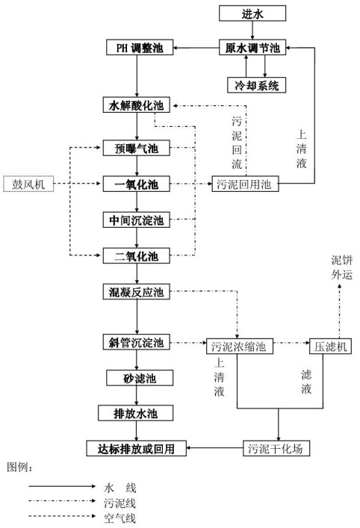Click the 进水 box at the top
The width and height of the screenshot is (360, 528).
(252, 13)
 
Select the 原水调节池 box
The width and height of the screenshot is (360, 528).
(252, 48)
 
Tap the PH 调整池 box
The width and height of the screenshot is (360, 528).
(140, 47)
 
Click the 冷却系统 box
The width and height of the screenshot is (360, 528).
(257, 85)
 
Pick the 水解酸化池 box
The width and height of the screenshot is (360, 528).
(137, 105)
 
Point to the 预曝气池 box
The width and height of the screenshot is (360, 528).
(137, 148)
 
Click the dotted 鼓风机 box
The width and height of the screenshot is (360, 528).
(28, 184)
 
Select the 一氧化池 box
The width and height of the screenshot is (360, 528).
(137, 184)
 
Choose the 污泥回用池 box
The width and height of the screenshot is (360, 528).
(245, 184)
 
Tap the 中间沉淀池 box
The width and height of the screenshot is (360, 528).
(137, 220)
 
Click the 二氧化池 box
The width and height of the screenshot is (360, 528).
(137, 256)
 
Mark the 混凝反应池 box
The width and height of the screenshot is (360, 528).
(137, 291)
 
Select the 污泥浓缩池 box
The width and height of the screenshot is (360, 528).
(240, 347)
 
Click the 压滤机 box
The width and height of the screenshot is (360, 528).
(330, 347)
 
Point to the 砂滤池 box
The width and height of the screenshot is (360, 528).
(140, 378)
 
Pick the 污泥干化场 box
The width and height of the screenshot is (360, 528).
(276, 448)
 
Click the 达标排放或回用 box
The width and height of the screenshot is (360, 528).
(137, 448)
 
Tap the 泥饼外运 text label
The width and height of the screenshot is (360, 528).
(341, 267)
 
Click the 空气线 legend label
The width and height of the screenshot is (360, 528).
(120, 518)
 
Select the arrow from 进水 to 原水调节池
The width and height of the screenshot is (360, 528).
(252, 31)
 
